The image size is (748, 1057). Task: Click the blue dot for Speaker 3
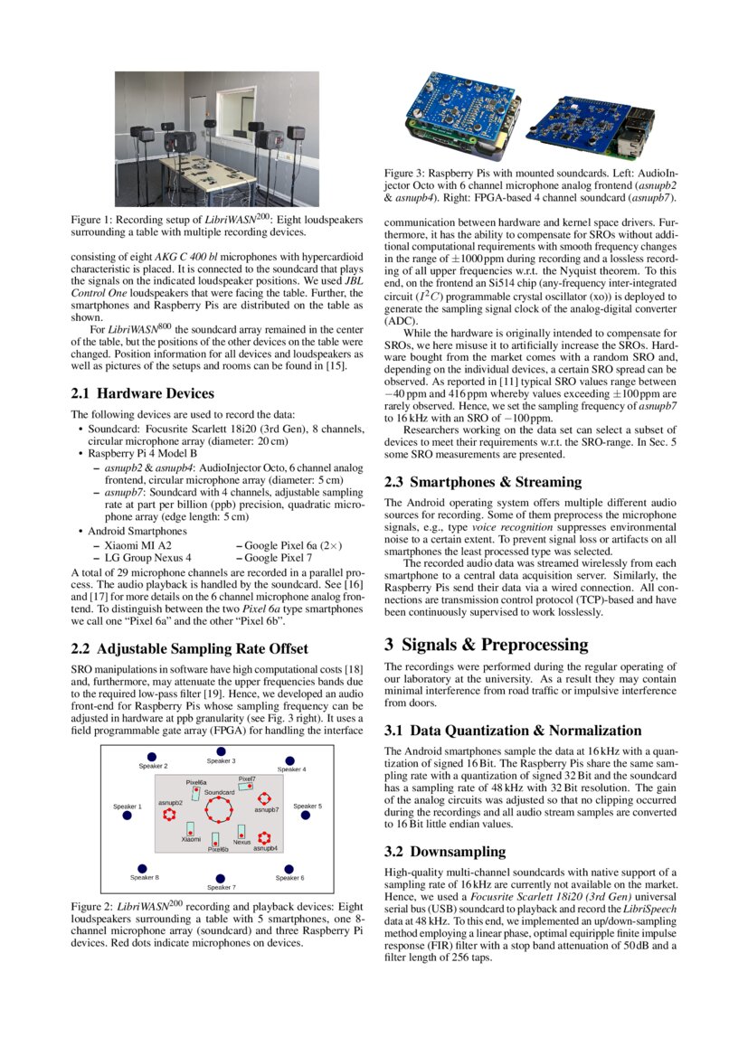[x=221, y=751]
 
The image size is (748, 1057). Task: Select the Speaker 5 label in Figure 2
[x=308, y=806]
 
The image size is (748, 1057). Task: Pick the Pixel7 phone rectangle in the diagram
[x=246, y=787]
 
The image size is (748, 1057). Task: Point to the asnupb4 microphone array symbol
[x=265, y=836]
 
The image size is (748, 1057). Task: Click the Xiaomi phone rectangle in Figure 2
[x=190, y=828]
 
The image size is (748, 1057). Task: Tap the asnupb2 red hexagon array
[x=169, y=815]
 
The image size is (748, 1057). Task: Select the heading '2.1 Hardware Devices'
[x=142, y=393]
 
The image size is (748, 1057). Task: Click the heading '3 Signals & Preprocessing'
[x=486, y=645]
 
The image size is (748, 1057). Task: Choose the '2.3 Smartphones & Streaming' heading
[x=483, y=482]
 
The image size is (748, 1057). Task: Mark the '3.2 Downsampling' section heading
[x=445, y=852]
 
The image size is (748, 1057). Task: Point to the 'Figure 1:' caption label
[x=95, y=220]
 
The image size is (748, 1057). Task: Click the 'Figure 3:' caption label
[x=409, y=172]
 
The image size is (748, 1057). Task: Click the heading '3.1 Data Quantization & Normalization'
[x=513, y=731]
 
